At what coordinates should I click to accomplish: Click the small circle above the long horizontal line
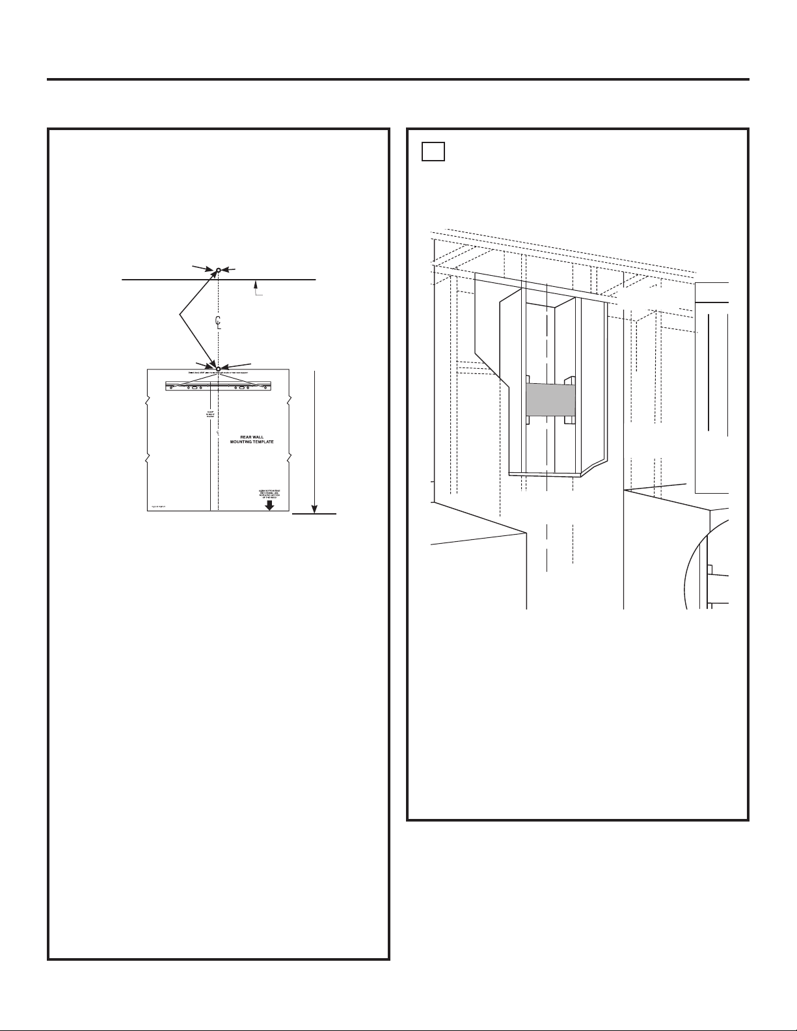point(218,269)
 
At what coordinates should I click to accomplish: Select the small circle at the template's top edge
point(218,369)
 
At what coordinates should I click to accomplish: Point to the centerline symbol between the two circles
point(219,321)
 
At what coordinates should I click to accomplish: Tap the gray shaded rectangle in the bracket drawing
point(550,399)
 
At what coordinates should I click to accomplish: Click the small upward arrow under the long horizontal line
point(258,284)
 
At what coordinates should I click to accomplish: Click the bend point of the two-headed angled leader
point(180,315)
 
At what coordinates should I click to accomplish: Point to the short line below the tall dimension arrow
point(314,515)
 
